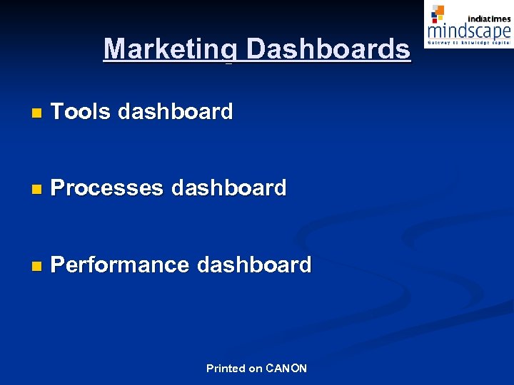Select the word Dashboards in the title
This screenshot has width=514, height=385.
coord(329,49)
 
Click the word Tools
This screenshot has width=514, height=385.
coord(81,111)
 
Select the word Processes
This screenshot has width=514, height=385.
coord(107,188)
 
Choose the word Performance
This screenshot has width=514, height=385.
coord(120,265)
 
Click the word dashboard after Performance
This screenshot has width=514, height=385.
coord(254,265)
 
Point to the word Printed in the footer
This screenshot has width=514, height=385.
coord(225,369)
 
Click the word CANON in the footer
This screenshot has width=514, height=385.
coord(286,369)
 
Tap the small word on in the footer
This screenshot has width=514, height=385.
coord(256,369)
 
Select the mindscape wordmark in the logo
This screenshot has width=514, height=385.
coord(469,31)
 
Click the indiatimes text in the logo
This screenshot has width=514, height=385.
coord(489,19)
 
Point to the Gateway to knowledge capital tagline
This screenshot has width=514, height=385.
coord(469,43)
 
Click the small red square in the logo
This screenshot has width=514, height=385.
coord(434,19)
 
